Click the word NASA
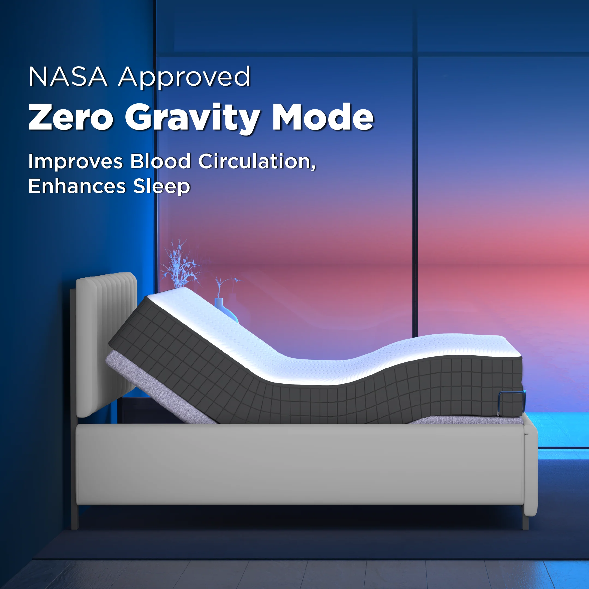[68, 77]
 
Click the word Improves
[75, 162]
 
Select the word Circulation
[257, 162]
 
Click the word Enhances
[77, 186]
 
